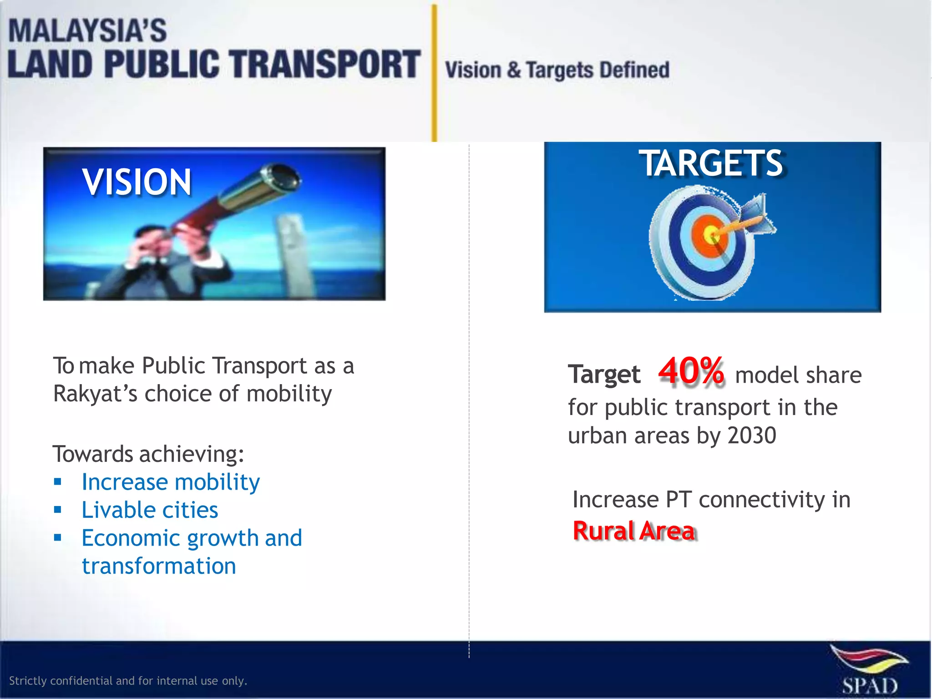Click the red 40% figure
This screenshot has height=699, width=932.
[x=691, y=372]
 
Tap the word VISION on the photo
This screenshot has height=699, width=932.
[x=137, y=182]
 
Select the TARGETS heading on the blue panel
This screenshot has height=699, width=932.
[x=712, y=163]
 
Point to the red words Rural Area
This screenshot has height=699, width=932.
[x=634, y=531]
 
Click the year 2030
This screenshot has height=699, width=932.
[x=752, y=436]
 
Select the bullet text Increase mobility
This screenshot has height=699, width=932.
[x=171, y=482]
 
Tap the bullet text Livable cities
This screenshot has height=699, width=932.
[x=150, y=510]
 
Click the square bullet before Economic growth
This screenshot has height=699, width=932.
[x=57, y=538]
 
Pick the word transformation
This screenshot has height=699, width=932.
[x=159, y=566]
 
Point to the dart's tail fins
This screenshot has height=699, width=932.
[x=758, y=214]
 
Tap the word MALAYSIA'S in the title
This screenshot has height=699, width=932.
[x=87, y=31]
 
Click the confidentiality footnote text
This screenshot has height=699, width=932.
[x=128, y=681]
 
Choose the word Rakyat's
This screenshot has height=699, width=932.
[x=95, y=394]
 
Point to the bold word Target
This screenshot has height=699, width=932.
[x=604, y=375]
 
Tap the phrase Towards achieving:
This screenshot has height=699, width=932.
[x=148, y=454]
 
